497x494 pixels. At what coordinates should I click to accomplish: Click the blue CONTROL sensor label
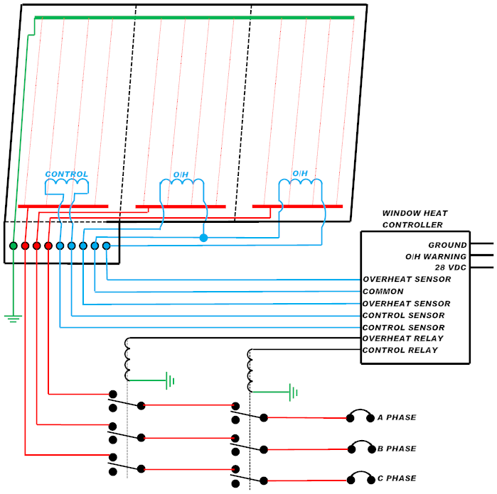(67, 174)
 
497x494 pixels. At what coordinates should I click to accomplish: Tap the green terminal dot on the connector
(14, 246)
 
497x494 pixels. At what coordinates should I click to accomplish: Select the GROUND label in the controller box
(447, 245)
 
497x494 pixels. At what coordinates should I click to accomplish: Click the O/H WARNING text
(436, 256)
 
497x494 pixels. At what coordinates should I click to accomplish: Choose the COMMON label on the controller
(383, 292)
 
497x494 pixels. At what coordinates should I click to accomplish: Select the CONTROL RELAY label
(400, 351)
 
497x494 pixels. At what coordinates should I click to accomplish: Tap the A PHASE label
(397, 417)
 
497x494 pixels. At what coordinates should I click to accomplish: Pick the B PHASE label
(397, 449)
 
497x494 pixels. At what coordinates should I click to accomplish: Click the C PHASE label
(397, 478)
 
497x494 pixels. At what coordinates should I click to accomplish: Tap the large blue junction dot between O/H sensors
(203, 238)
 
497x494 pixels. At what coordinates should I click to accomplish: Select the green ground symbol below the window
(13, 317)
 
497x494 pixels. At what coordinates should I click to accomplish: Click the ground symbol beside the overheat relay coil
(170, 381)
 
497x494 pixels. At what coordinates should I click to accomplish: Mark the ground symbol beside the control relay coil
(292, 392)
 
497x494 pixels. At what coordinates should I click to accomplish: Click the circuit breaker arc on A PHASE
(360, 414)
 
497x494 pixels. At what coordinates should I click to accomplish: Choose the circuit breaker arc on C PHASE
(360, 474)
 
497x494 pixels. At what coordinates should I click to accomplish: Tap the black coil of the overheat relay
(128, 359)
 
